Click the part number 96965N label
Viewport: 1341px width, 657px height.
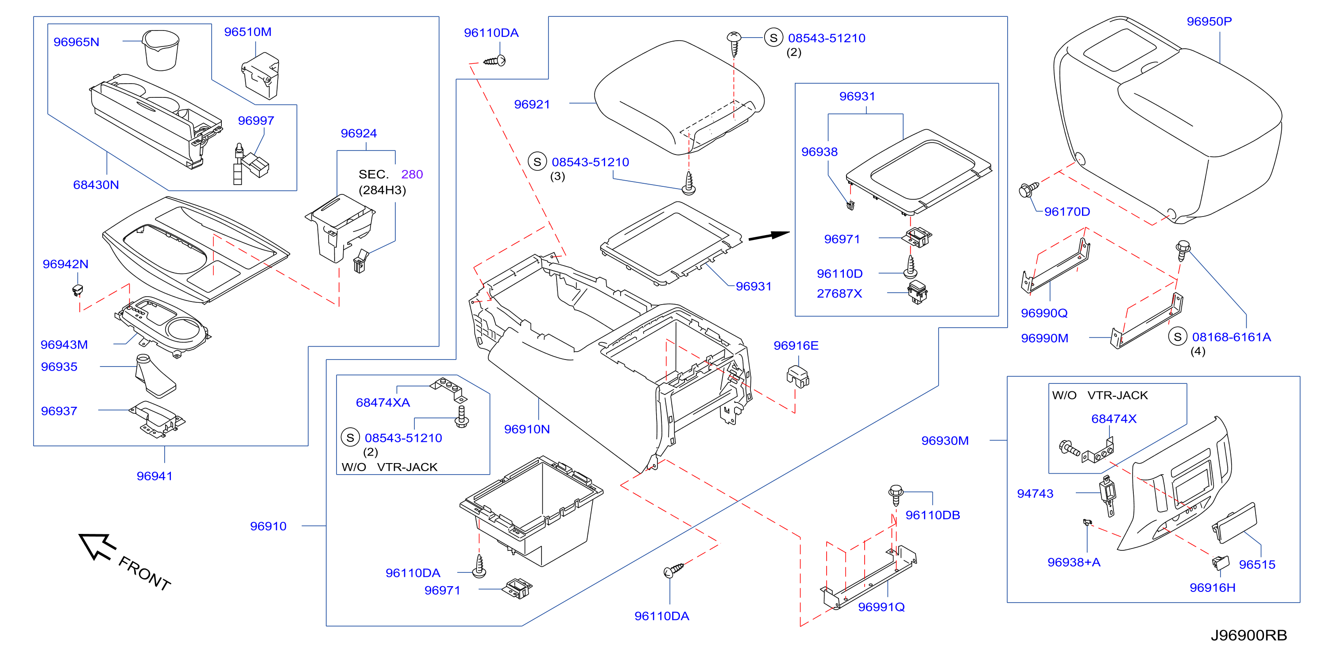(x=76, y=42)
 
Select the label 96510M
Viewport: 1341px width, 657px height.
(x=248, y=32)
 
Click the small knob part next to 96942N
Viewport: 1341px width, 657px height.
(x=77, y=290)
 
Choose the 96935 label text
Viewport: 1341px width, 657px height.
(x=59, y=367)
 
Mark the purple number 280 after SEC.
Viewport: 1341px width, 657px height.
(x=412, y=174)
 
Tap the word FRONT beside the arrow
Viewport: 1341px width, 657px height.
(x=145, y=574)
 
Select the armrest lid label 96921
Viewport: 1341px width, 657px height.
(x=532, y=104)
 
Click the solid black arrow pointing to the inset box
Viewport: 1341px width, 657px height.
(x=769, y=236)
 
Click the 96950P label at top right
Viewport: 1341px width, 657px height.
(x=1209, y=21)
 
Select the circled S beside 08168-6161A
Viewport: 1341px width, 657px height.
(x=1178, y=337)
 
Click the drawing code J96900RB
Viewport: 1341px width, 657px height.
(x=1248, y=635)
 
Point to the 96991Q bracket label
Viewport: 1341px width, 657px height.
(x=881, y=607)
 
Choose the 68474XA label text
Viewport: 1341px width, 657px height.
(x=383, y=402)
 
